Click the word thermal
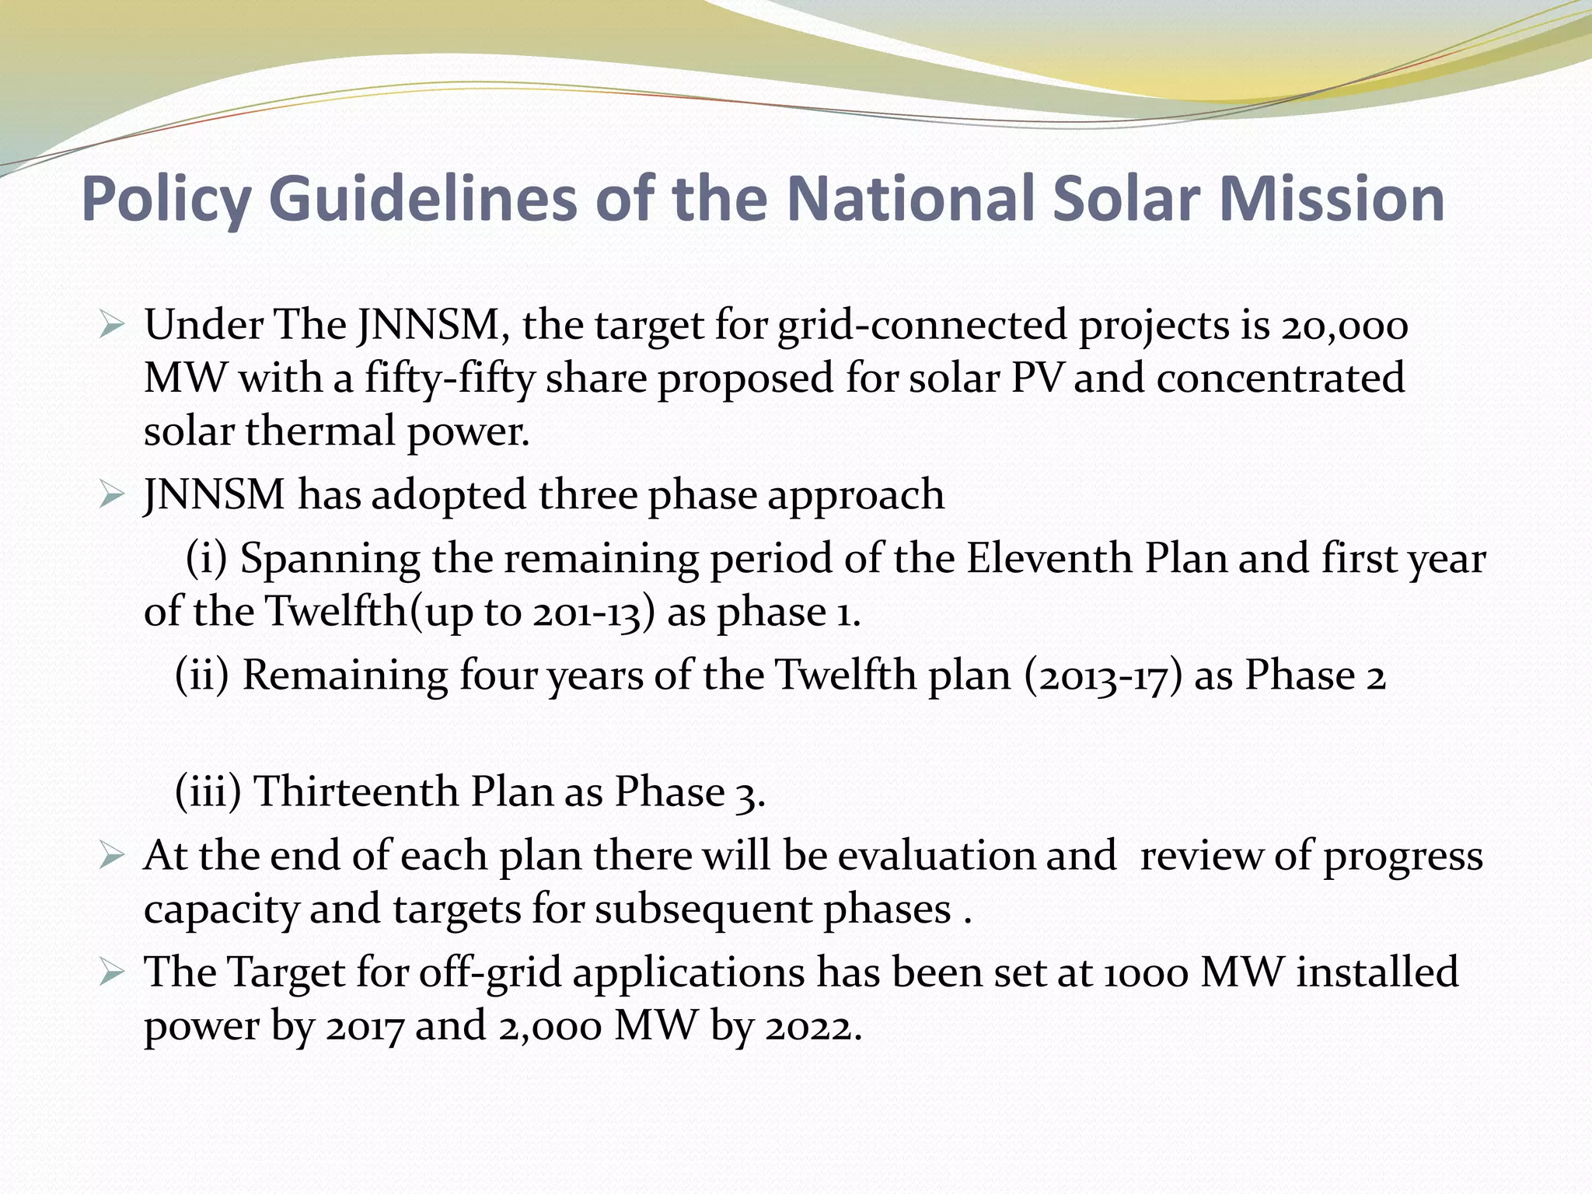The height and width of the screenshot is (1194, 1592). pos(320,431)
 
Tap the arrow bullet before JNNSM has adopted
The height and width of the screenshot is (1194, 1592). pos(112,495)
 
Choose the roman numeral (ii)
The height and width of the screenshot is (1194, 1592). pos(202,675)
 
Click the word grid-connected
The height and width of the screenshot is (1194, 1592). pos(922,325)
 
